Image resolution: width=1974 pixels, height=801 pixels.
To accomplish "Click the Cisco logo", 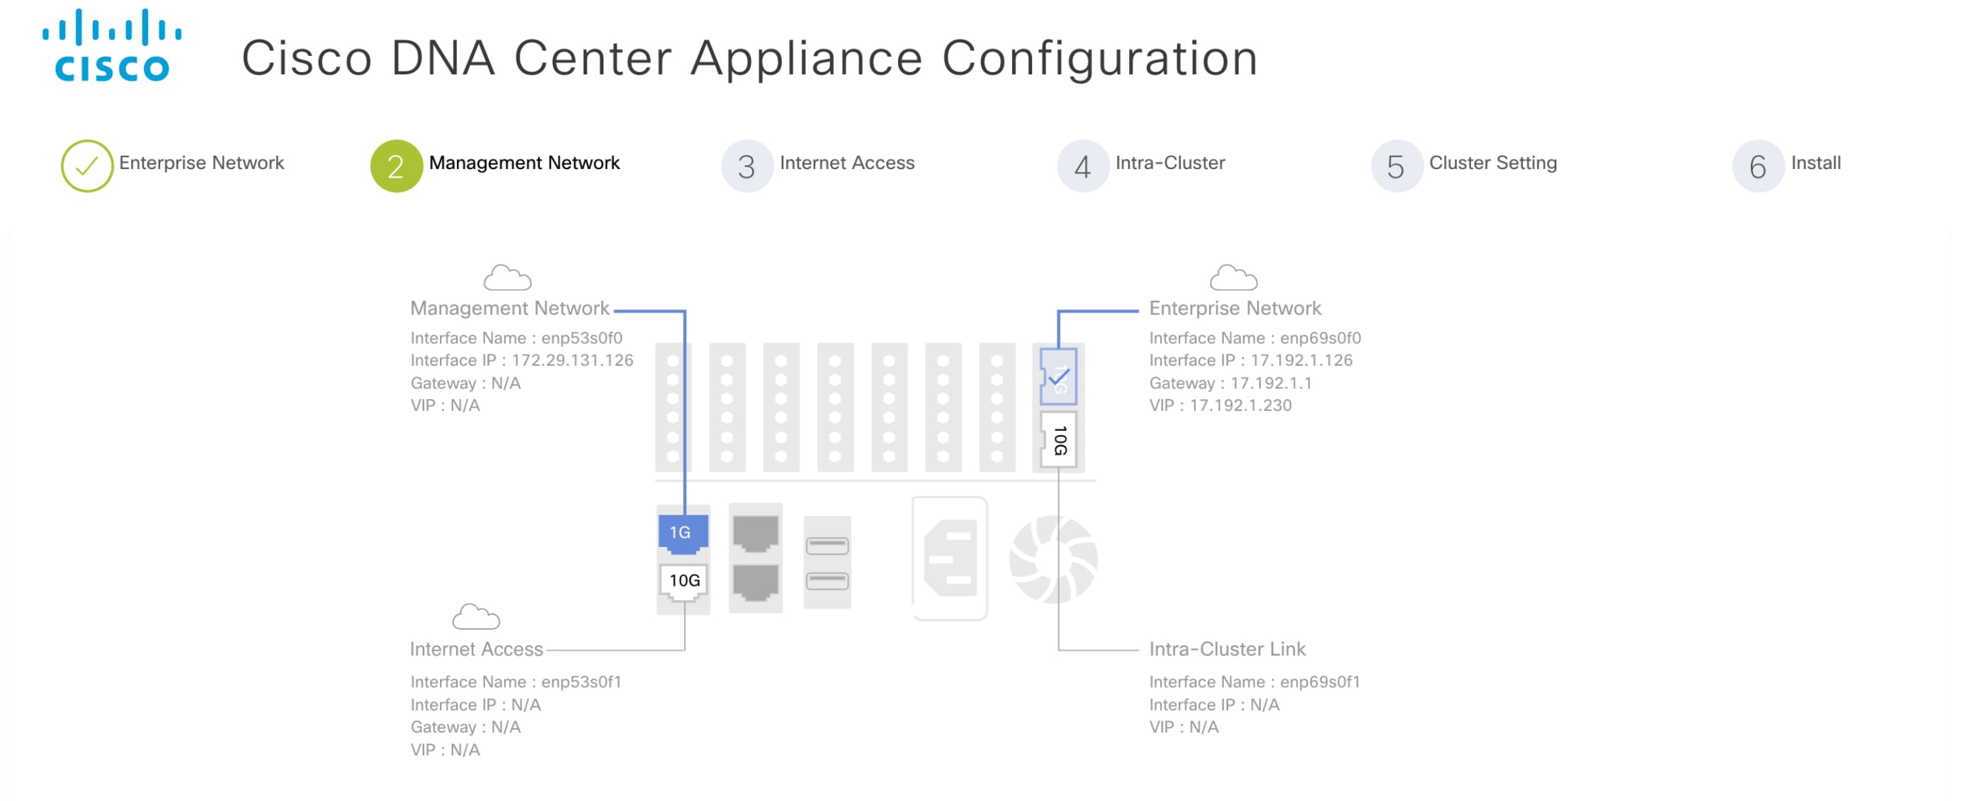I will [x=112, y=46].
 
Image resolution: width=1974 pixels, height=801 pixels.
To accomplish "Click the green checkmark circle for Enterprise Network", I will [x=87, y=166].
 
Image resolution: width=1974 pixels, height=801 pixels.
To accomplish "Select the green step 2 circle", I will [x=396, y=166].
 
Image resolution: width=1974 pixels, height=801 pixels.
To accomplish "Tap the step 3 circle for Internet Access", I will [x=747, y=166].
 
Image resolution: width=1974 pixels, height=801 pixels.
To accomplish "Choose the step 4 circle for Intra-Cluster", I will [x=1082, y=166].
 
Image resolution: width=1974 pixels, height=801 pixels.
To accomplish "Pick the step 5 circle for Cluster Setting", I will [x=1396, y=166].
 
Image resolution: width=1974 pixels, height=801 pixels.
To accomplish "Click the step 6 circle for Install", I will [x=1757, y=166].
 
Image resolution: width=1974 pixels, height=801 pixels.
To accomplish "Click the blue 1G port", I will [x=682, y=533].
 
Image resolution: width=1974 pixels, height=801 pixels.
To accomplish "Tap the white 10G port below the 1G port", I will [x=683, y=582].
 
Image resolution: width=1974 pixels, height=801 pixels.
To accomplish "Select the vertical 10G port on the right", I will [x=1058, y=439].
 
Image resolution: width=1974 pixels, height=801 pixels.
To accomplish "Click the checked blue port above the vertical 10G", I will [x=1058, y=376].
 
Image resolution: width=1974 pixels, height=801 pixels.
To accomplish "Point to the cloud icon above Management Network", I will [x=507, y=278].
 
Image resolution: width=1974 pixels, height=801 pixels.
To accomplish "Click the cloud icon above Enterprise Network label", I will [x=1233, y=278].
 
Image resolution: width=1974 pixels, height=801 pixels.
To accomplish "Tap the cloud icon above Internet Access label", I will [x=476, y=617].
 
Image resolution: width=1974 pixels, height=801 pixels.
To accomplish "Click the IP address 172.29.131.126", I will [x=572, y=360].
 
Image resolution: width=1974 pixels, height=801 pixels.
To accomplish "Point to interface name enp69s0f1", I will [x=1320, y=681].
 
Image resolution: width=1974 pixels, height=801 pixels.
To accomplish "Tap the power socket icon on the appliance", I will [x=949, y=559].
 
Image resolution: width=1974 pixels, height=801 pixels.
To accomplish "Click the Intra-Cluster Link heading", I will [x=1227, y=649].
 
